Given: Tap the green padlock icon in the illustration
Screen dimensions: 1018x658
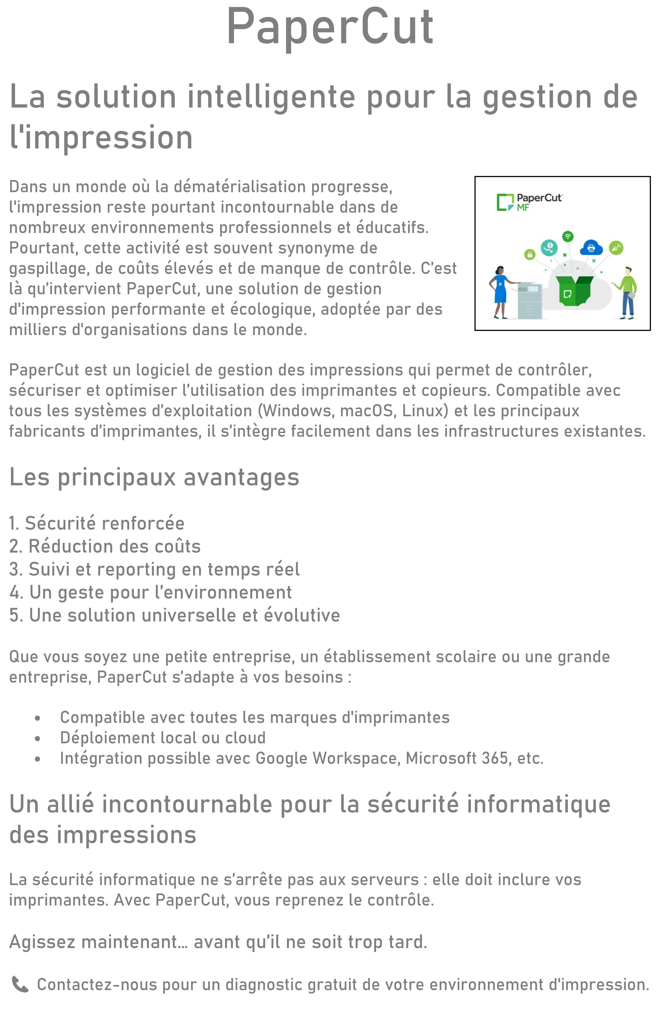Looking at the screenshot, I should (x=529, y=254).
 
